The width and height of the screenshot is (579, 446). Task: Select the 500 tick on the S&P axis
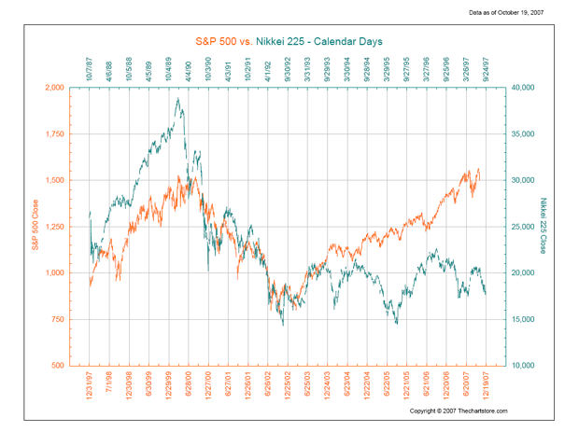click(58, 366)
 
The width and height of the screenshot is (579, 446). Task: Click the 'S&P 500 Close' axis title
click(35, 227)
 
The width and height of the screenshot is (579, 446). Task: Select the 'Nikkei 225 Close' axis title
click(542, 227)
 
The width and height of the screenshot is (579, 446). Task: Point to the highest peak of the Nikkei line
click(178, 98)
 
